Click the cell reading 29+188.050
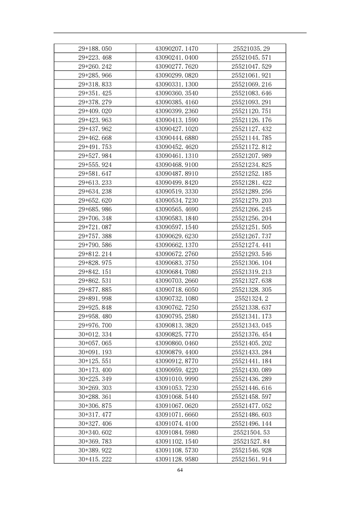tap(95, 49)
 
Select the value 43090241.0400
tap(177, 58)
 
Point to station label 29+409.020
tap(95, 111)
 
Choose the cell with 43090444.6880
tap(177, 138)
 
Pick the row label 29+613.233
tap(95, 182)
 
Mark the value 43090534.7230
tap(177, 201)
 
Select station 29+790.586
tap(95, 245)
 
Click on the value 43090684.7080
tap(177, 272)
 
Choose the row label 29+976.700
tap(95, 325)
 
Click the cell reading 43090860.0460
tap(177, 343)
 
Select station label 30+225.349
tap(95, 379)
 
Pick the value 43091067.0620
tap(177, 406)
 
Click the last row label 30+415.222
tap(95, 459)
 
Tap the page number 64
tap(180, 470)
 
